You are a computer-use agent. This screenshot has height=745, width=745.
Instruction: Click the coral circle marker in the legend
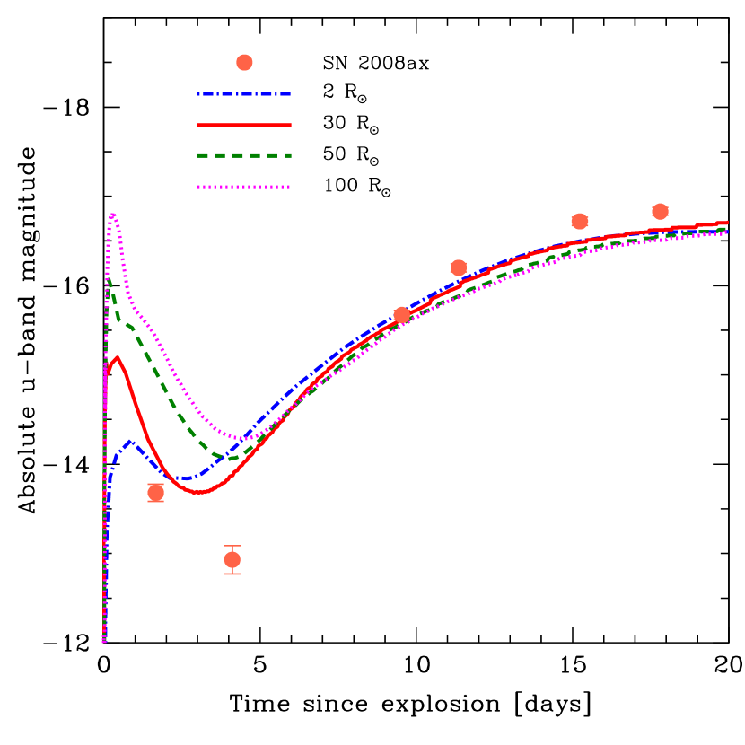[244, 62]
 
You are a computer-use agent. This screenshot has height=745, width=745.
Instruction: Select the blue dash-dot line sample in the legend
[244, 93]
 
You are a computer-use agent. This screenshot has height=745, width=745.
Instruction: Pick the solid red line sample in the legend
[244, 125]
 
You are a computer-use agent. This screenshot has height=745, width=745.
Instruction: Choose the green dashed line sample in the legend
[244, 155]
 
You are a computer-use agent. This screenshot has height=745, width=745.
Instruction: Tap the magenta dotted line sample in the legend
[244, 187]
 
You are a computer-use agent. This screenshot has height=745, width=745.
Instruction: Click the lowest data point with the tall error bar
[232, 560]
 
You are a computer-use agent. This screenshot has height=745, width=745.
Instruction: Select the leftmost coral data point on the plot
[155, 493]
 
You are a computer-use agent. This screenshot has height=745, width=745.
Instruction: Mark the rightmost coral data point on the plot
[660, 211]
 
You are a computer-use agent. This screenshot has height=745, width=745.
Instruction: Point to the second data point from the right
[579, 221]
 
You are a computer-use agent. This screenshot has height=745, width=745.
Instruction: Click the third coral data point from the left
[401, 314]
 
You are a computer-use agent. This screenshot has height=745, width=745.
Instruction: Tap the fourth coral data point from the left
[458, 267]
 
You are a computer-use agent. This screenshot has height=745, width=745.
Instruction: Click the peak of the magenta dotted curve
[112, 214]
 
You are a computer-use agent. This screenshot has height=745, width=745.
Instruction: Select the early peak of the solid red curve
[117, 357]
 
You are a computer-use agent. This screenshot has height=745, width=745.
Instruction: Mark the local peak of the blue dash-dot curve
[131, 442]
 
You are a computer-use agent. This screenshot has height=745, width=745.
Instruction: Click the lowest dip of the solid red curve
[199, 493]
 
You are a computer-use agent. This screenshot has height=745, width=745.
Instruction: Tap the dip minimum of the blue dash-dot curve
[186, 478]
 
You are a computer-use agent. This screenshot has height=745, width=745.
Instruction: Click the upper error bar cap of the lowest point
[232, 546]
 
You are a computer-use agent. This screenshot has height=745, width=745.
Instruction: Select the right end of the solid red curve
[726, 223]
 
